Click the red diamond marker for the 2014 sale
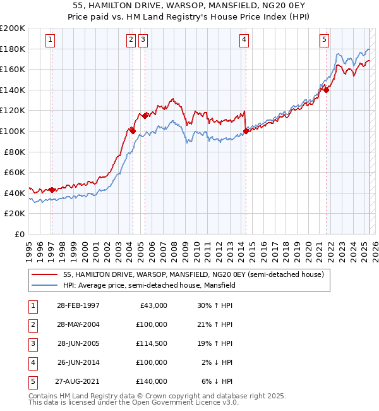tap(245, 132)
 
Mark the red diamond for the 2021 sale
tap(327, 90)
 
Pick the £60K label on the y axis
tap(15, 172)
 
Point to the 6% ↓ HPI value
tap(217, 381)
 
